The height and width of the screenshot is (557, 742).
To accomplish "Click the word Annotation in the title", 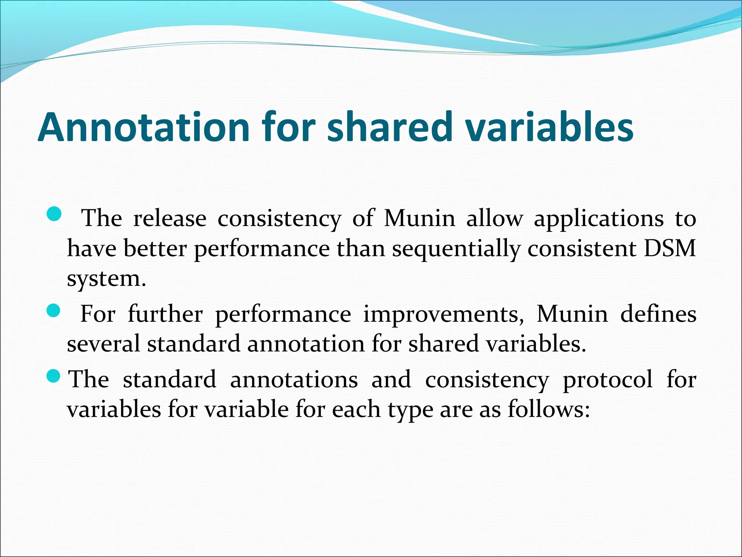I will click(x=143, y=128).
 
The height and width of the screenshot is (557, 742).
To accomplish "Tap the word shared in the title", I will click(x=390, y=128).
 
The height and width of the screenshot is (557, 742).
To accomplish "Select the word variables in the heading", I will click(x=549, y=128).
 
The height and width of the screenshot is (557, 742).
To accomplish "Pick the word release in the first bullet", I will click(x=170, y=219).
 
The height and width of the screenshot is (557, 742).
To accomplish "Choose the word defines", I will click(x=658, y=314).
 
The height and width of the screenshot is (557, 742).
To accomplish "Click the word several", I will click(x=103, y=344).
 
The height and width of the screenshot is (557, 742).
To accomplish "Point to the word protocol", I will click(x=608, y=380).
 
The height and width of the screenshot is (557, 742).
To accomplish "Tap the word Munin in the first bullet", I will click(x=419, y=219).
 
